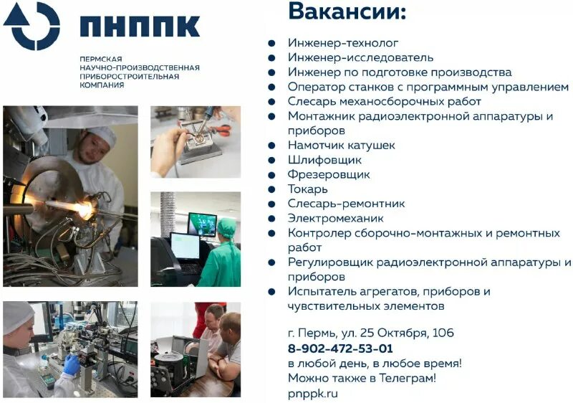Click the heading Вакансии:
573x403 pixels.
click(x=347, y=12)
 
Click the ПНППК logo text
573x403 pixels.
click(x=140, y=27)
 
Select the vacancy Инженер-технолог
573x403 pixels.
click(x=343, y=43)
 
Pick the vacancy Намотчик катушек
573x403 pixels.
click(x=341, y=146)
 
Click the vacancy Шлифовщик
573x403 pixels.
click(x=324, y=160)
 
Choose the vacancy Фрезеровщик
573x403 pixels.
click(x=329, y=174)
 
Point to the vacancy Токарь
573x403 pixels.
click(x=307, y=189)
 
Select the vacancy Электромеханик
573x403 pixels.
click(x=335, y=219)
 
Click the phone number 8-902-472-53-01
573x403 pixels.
click(x=340, y=349)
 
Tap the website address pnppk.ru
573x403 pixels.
click(x=312, y=393)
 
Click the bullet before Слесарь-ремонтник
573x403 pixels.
click(x=272, y=204)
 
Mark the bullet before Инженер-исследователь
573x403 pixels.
click(x=272, y=57)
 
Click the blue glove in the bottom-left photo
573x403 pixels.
click(x=71, y=364)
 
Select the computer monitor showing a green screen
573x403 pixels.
click(x=202, y=224)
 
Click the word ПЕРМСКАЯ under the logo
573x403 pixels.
click(x=101, y=57)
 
